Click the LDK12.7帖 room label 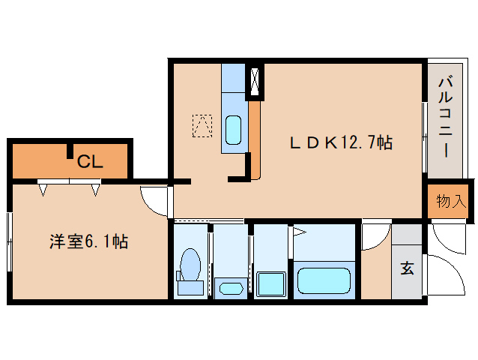[342, 142]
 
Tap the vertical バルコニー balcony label [444, 116]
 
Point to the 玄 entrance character [407, 268]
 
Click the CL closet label [91, 160]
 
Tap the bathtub [325, 280]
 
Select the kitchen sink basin [233, 130]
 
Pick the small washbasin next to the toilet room [229, 287]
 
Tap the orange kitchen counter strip [255, 139]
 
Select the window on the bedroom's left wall [10, 241]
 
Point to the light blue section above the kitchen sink [233, 78]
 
